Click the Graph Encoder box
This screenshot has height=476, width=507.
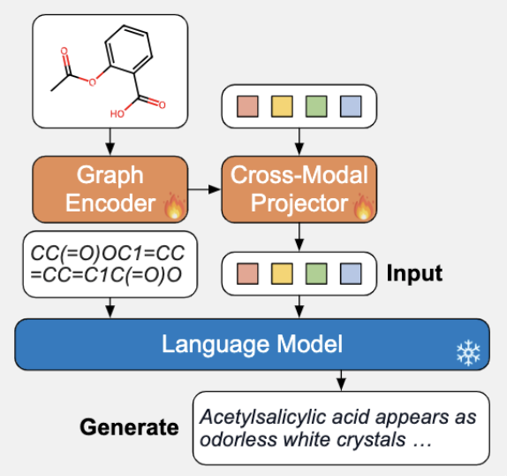(110, 188)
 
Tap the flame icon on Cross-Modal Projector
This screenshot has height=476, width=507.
(363, 208)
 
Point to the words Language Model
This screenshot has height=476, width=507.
(252, 343)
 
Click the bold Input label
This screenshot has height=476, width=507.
(414, 272)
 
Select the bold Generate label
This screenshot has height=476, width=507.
(129, 427)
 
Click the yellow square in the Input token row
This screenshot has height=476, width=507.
(282, 273)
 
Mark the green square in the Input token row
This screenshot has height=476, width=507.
(316, 273)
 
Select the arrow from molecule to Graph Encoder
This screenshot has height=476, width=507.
(110, 140)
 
